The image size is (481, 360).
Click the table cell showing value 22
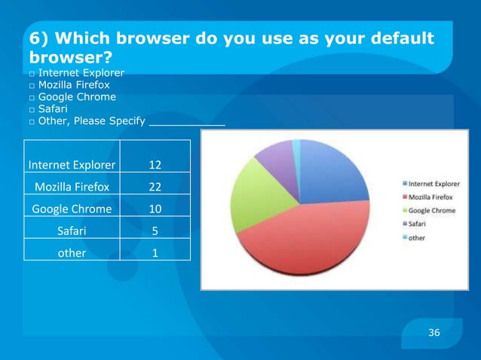click(155, 186)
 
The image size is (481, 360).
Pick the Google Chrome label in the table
click(72, 209)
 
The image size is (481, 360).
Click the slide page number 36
click(434, 333)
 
